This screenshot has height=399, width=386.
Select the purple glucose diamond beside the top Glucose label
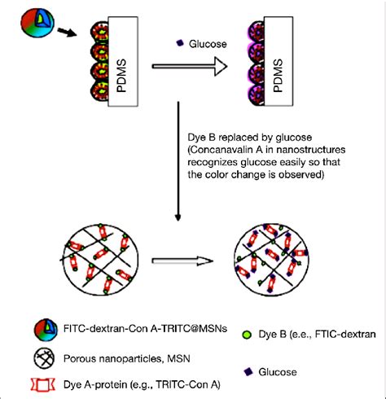(180, 42)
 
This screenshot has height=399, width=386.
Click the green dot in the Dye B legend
(246, 332)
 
